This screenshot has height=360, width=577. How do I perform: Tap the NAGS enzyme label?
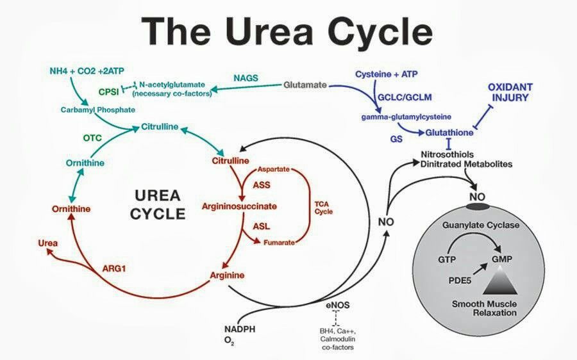click(x=246, y=78)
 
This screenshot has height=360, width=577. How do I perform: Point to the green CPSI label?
click(x=108, y=90)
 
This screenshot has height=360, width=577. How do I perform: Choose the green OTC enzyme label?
click(x=93, y=138)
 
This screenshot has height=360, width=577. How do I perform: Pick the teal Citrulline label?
click(x=160, y=127)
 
